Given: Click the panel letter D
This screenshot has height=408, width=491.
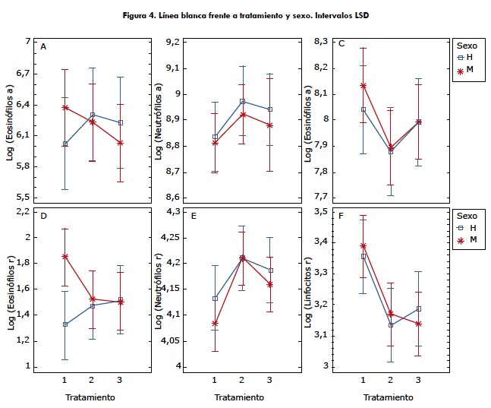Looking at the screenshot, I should [43, 217].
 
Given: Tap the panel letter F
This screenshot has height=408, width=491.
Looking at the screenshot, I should [341, 217].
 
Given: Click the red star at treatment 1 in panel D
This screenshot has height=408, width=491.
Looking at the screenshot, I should [65, 257].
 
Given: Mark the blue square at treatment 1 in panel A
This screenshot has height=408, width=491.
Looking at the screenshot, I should [65, 144].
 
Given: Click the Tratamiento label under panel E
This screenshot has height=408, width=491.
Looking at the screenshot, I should [240, 397].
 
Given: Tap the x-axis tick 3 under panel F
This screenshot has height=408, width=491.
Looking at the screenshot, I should [418, 378].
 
